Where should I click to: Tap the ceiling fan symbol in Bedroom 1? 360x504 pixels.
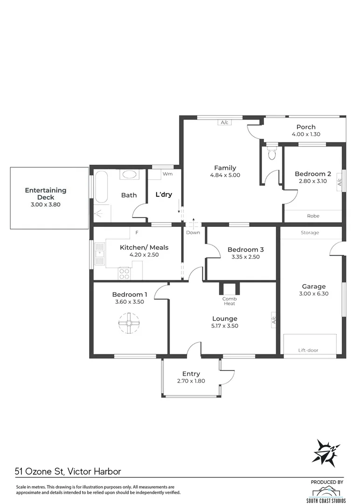(x=129, y=323)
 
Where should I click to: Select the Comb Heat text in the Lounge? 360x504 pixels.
(x=228, y=301)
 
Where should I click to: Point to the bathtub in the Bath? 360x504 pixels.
(x=100, y=188)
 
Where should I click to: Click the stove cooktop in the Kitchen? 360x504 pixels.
(x=125, y=273)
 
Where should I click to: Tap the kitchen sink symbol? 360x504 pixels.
(x=99, y=255)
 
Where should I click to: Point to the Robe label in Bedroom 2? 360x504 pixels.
(x=313, y=216)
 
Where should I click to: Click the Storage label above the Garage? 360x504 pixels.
(x=310, y=232)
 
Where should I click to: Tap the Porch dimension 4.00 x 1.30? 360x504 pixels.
(x=306, y=134)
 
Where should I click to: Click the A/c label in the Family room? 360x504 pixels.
(x=224, y=123)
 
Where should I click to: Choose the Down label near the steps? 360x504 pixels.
(x=193, y=232)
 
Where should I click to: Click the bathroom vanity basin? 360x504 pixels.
(x=129, y=175)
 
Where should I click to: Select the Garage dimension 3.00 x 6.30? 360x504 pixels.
(x=313, y=294)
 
